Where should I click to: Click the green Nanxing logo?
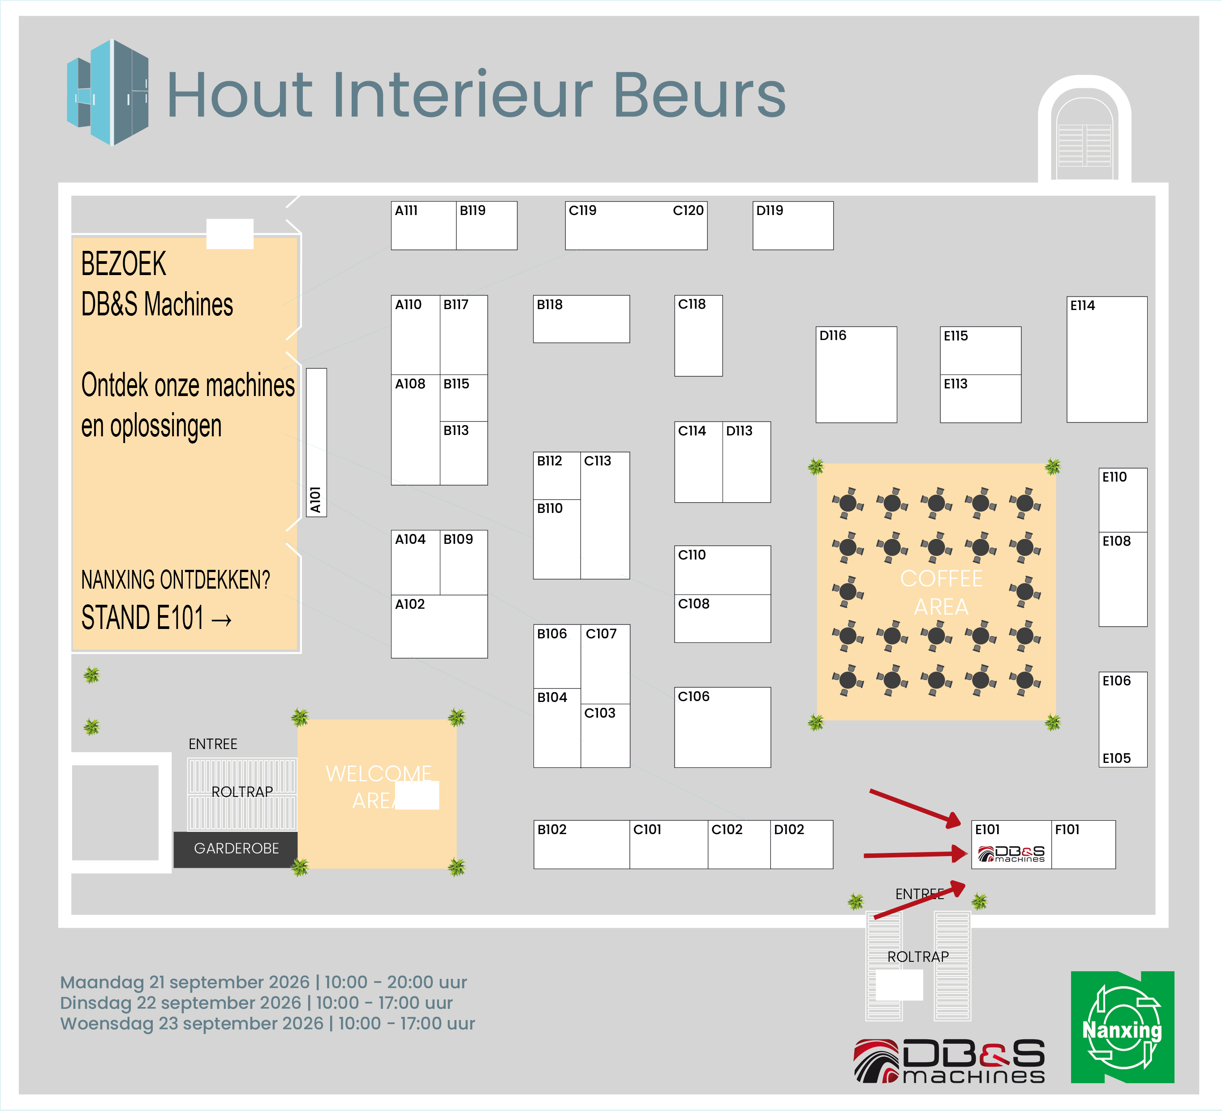[x=1122, y=1027]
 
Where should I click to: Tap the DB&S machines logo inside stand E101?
[x=1011, y=853]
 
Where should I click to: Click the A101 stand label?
[x=315, y=500]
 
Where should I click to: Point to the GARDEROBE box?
[x=236, y=848]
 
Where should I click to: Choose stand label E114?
[x=1083, y=306]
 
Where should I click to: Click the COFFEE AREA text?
[x=941, y=592]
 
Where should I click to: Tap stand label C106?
[x=693, y=697]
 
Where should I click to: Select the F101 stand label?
[x=1067, y=829]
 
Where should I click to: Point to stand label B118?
[x=549, y=304]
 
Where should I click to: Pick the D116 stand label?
[x=833, y=335]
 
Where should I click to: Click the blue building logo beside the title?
[x=108, y=92]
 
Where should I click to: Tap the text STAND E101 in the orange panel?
[x=142, y=618]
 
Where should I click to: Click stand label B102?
[x=551, y=829]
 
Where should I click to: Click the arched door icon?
[x=1084, y=129]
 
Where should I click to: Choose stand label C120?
[x=688, y=210]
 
